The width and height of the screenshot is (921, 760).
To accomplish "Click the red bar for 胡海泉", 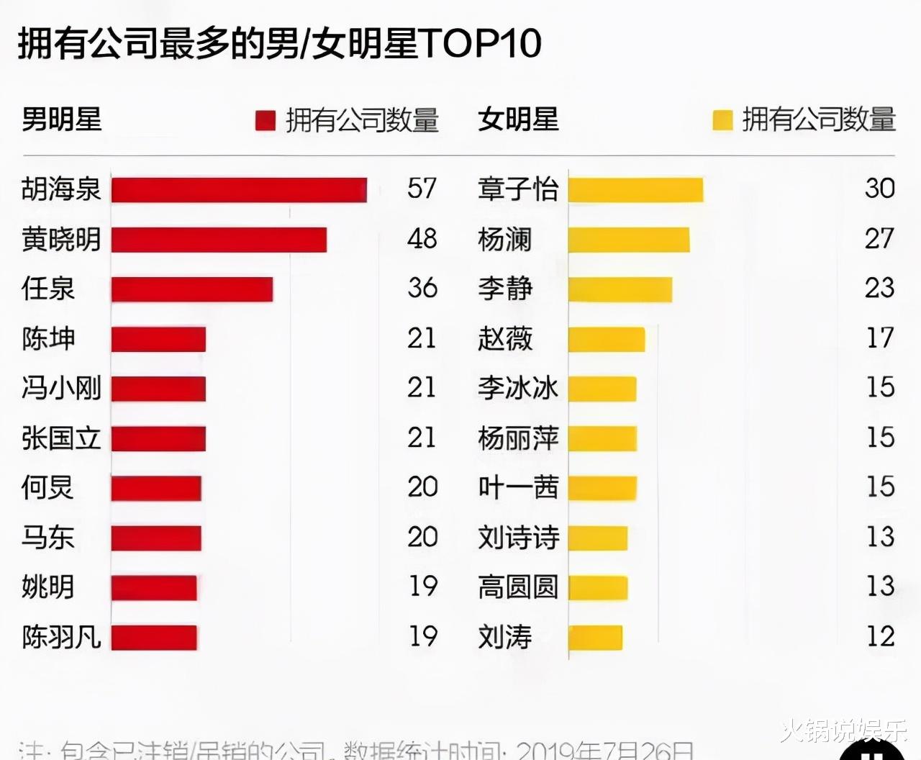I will point(239,190).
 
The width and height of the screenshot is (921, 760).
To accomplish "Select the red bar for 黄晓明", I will point(219,240).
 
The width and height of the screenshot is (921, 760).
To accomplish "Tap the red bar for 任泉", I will point(192,289).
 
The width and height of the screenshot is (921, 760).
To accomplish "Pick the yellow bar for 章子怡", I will point(635,190).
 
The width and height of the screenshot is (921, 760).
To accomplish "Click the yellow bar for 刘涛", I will point(595,638).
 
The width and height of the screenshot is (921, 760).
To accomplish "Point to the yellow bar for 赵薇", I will point(607,339).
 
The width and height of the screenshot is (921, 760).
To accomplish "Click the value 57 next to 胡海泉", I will point(422,189).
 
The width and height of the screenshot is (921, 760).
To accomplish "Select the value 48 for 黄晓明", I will point(422,238).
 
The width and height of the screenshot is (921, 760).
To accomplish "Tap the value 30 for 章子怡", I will point(879,189).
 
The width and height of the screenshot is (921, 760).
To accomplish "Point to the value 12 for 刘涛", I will point(879,636).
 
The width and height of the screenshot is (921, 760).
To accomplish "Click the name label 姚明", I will point(48,587).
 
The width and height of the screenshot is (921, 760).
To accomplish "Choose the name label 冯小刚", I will point(61,389).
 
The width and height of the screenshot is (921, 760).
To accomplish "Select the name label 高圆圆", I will point(518,587).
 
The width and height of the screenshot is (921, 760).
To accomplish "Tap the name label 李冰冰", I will point(518,389).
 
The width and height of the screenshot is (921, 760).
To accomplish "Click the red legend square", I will point(266,121).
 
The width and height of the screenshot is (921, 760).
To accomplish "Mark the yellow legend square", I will point(722,120).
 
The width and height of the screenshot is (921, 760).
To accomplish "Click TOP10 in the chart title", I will point(481,43).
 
